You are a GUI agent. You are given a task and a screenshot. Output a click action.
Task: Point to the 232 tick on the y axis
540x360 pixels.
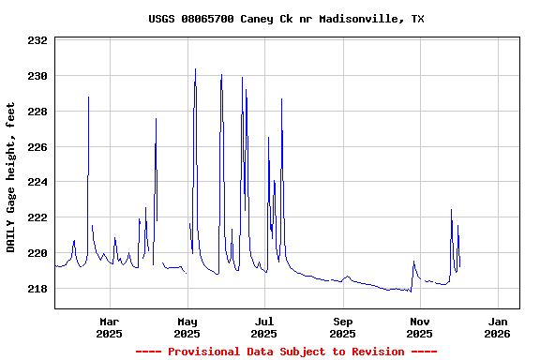pyautogui.click(x=37, y=41)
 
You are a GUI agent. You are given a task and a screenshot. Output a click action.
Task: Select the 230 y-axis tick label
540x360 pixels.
pyautogui.click(x=37, y=76)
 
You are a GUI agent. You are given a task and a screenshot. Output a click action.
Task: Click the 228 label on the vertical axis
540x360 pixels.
pyautogui.click(x=37, y=112)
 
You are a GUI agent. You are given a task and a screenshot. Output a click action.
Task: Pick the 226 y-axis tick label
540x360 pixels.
pyautogui.click(x=37, y=147)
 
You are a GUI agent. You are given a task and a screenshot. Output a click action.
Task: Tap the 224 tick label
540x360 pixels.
pyautogui.click(x=37, y=182)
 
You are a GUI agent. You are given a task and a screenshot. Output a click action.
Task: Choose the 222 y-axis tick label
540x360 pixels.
pyautogui.click(x=37, y=217)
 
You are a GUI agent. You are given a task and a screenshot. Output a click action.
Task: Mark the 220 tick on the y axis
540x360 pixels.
pyautogui.click(x=37, y=253)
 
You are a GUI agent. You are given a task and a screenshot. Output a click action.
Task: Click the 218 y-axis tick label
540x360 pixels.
pyautogui.click(x=37, y=289)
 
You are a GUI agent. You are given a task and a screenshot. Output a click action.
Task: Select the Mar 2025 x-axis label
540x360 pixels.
pyautogui.click(x=109, y=327)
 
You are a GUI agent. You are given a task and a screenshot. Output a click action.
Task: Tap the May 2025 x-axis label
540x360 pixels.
pyautogui.click(x=187, y=327)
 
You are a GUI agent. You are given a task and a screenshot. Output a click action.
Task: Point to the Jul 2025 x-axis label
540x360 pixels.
pyautogui.click(x=264, y=327)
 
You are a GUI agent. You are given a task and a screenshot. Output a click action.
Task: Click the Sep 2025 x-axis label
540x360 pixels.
pyautogui.click(x=342, y=327)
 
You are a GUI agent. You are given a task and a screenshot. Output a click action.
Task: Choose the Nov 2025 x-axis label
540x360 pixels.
pyautogui.click(x=419, y=327)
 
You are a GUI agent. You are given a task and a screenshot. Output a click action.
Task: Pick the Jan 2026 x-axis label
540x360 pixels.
pyautogui.click(x=497, y=327)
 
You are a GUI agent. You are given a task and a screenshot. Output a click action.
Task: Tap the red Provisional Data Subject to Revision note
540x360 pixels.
pyautogui.click(x=286, y=352)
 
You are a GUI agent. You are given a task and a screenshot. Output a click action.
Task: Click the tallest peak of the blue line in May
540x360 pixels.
pyautogui.click(x=195, y=69)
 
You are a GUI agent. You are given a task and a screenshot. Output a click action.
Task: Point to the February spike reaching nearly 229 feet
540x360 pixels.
pyautogui.click(x=89, y=97)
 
